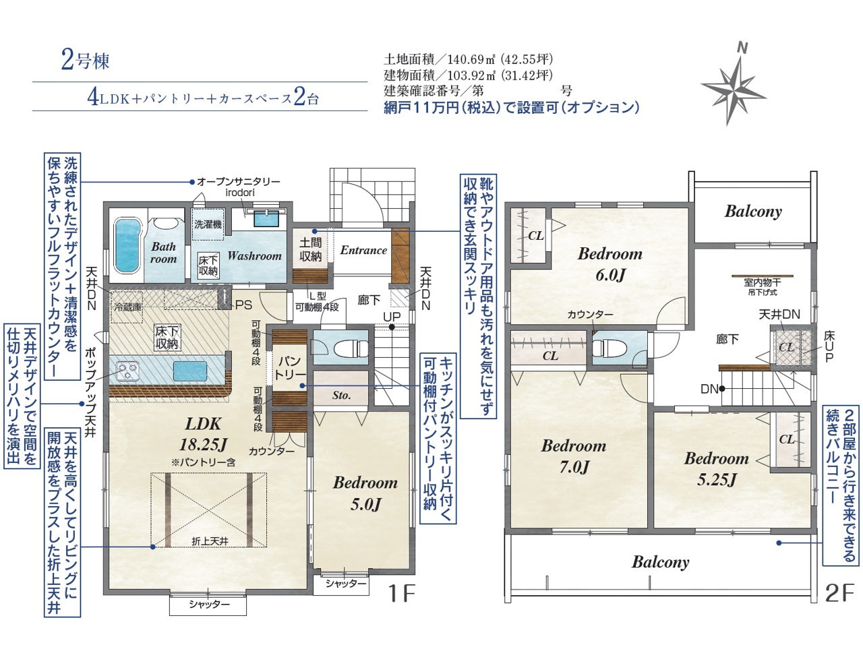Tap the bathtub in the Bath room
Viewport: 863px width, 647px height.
point(127,246)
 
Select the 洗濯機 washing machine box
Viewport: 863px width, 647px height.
point(208,224)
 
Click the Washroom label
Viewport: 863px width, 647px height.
point(254,256)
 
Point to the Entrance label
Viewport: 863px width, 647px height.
point(363,250)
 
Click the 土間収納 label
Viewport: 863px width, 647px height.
point(311,249)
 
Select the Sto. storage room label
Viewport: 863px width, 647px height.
point(341,395)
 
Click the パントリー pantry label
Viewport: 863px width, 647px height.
point(289,368)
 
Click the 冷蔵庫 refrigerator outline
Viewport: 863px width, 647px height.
point(127,307)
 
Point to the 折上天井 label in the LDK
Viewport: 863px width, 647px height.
point(210,541)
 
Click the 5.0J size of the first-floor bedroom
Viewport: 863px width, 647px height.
point(365,504)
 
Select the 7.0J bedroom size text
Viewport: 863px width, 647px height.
point(574,467)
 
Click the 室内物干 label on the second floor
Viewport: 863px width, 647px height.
point(763,282)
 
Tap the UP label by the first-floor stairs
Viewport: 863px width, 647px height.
point(392,317)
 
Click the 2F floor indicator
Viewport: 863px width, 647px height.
point(839,593)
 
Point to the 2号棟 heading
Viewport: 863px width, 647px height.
point(86,61)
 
